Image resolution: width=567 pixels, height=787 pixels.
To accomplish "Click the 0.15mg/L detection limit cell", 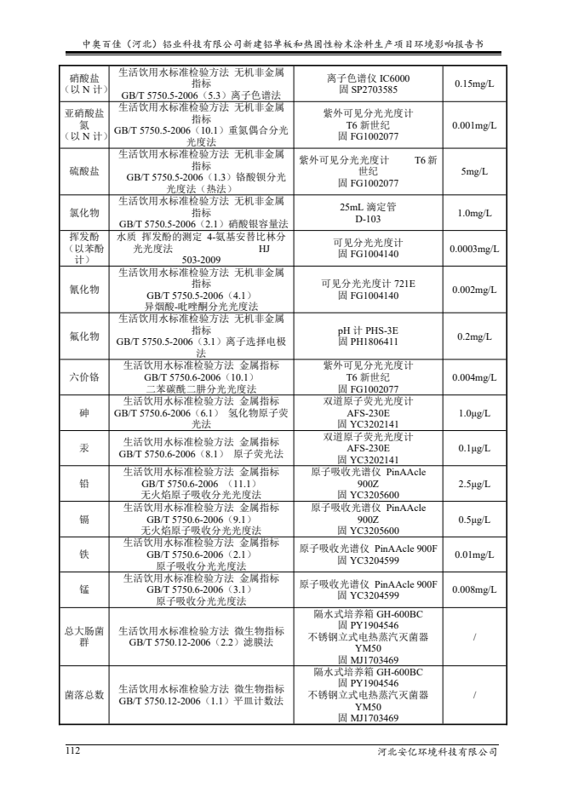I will [474, 84].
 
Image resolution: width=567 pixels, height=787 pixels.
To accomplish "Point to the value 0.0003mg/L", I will [474, 249].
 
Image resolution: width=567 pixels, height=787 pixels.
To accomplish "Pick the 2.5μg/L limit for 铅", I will [474, 484].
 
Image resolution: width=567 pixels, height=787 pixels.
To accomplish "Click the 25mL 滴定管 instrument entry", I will [368, 207].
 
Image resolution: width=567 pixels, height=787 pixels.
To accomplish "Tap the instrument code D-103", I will [368, 219].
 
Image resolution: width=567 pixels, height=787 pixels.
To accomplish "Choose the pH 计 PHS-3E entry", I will [368, 330].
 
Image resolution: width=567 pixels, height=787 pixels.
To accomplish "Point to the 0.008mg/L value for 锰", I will [474, 589].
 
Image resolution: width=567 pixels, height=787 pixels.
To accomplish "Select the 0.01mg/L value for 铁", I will [474, 554].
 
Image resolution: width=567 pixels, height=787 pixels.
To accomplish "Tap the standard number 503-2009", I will [201, 260].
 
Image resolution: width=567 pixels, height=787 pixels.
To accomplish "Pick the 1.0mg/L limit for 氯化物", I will [474, 213].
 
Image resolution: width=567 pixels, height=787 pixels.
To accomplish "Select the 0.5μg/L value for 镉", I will [474, 520].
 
